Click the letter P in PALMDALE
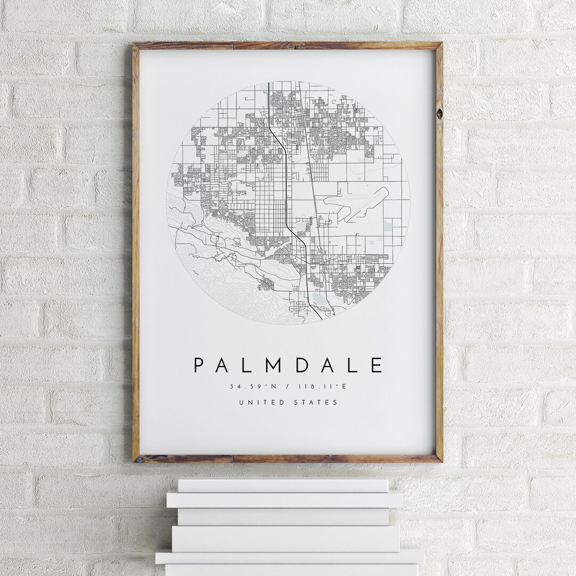[x=198, y=365]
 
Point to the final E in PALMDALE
[x=377, y=365]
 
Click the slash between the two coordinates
[x=287, y=387]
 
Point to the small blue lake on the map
[x=318, y=298]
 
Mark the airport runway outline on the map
[x=356, y=203]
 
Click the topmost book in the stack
[x=283, y=485]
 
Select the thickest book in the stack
[x=286, y=539]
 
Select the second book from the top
[x=285, y=500]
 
